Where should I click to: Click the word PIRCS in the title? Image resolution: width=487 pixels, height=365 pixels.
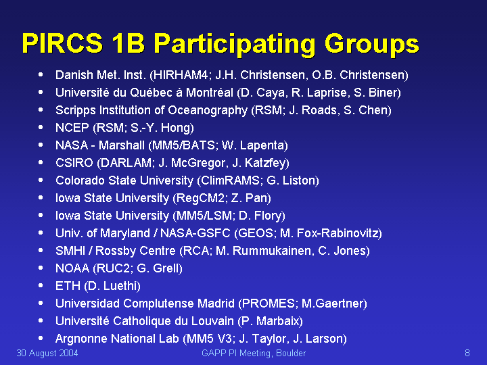(62, 43)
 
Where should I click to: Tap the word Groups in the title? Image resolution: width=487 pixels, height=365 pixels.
(372, 45)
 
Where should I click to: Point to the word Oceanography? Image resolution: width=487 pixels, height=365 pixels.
(208, 110)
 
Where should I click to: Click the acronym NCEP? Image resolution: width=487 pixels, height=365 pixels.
(72, 128)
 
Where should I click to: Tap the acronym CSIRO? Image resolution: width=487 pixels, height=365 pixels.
(74, 163)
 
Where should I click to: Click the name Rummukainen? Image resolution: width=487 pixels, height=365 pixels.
(272, 251)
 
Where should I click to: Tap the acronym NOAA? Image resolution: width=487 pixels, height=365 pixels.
(72, 268)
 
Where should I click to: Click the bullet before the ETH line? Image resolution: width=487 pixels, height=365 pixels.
(41, 285)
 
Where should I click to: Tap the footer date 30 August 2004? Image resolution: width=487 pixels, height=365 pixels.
(47, 354)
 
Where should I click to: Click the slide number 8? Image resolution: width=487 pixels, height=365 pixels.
(467, 354)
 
